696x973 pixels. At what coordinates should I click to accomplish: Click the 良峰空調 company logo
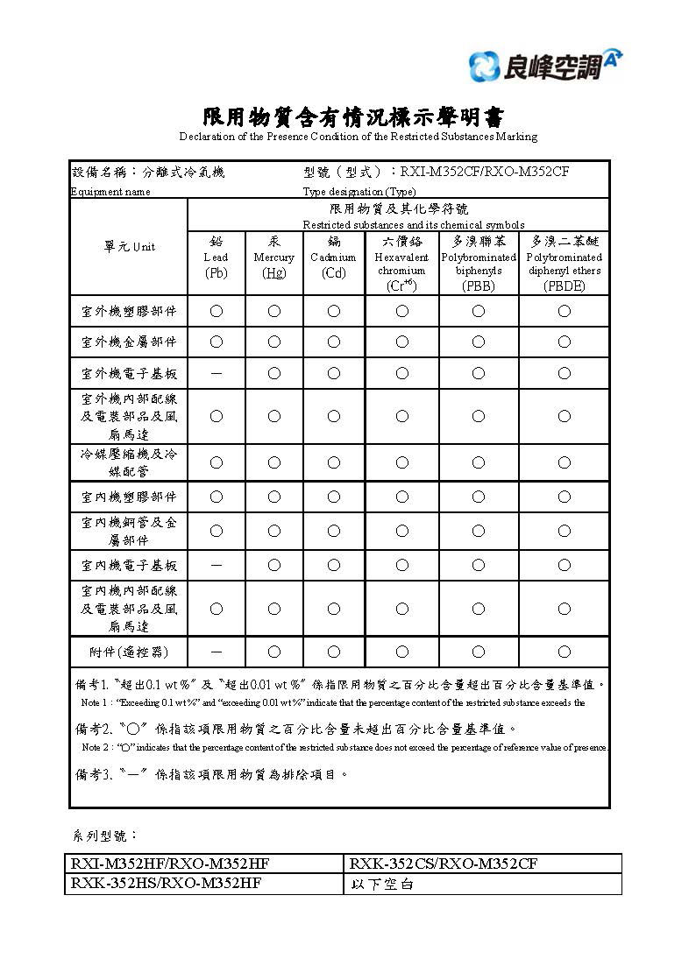pos(545,66)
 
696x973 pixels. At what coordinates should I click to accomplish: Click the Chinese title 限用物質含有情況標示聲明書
pos(354,117)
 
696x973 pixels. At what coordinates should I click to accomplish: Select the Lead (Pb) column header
pos(216,257)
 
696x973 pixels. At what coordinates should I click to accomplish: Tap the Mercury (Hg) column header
pos(273,257)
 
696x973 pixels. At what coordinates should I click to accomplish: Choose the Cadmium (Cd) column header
pos(333,257)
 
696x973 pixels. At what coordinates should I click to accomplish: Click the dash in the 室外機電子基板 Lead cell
pos(216,373)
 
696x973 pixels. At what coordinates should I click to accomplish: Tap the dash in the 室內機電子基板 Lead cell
pos(216,565)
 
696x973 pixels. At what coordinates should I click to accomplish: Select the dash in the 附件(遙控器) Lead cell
pos(216,652)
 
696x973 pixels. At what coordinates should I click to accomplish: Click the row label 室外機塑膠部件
pos(129,311)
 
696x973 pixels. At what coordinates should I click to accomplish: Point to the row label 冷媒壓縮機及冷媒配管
pos(129,462)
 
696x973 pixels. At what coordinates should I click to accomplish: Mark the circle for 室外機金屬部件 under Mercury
pos(273,342)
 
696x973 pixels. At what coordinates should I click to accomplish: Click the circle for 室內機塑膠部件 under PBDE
pos(564,497)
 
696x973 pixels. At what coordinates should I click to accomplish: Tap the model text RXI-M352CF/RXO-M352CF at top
pos(484,172)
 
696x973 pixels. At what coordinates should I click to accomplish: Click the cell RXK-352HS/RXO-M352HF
pos(166,884)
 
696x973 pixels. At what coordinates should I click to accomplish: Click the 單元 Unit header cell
pos(129,247)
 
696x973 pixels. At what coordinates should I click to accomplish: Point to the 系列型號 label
pos(103,836)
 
